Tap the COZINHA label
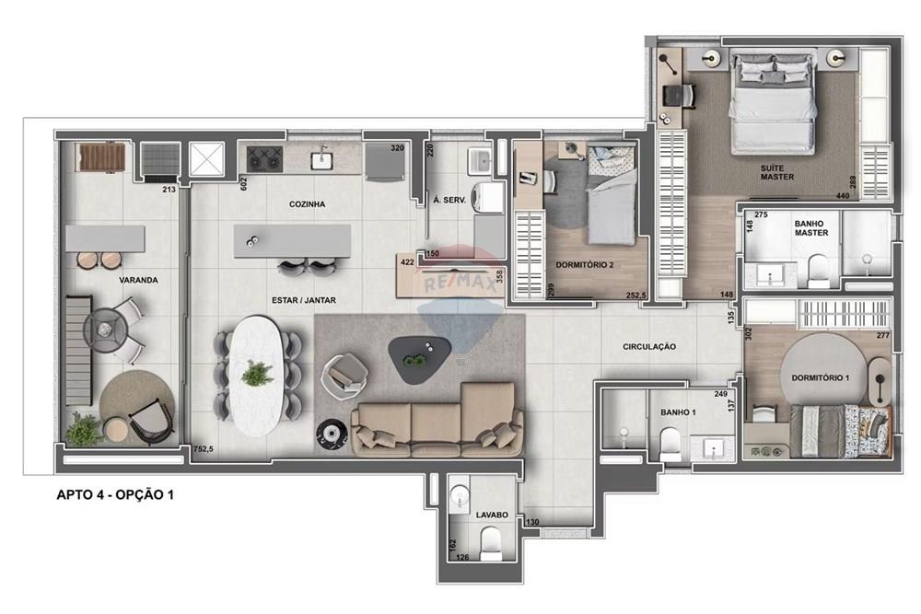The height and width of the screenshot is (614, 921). click(x=307, y=204)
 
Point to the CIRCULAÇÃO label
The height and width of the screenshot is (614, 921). click(x=650, y=346)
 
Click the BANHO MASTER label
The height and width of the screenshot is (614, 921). click(x=810, y=227)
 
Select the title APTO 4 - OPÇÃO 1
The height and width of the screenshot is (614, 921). click(x=115, y=495)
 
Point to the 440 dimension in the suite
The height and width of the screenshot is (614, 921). click(x=841, y=196)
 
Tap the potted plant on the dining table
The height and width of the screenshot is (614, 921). click(x=257, y=373)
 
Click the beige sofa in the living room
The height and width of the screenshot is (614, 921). click(x=437, y=420)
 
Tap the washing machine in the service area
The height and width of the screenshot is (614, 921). click(x=488, y=197)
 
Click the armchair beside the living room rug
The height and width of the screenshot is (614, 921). click(x=346, y=371)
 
